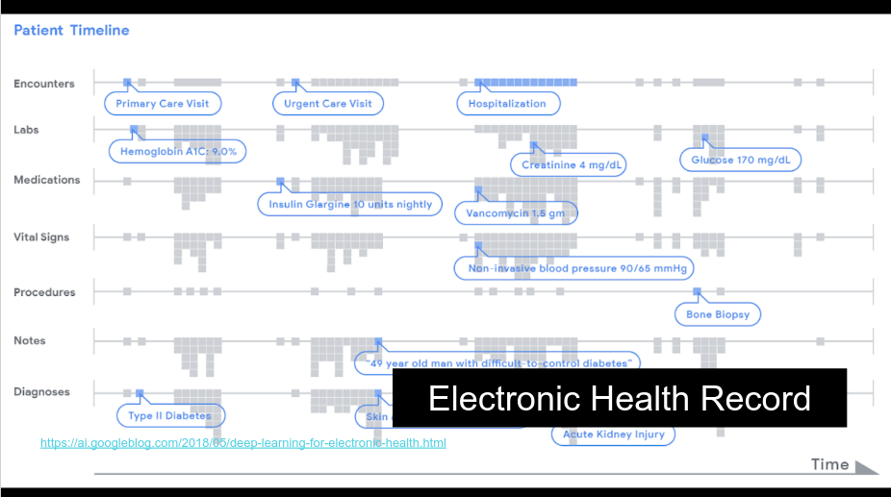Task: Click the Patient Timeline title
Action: click(x=71, y=31)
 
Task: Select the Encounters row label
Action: click(x=43, y=84)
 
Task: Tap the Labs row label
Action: click(x=26, y=130)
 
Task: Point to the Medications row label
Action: click(x=47, y=180)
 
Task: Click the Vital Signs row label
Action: click(x=41, y=236)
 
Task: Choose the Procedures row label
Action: click(x=44, y=292)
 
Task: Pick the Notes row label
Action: click(x=30, y=340)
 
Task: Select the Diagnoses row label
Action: click(x=42, y=391)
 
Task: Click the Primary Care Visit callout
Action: click(x=163, y=104)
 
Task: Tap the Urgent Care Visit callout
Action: click(x=327, y=104)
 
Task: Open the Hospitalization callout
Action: click(x=507, y=104)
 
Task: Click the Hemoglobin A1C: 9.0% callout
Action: click(x=178, y=152)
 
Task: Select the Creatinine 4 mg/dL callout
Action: click(x=572, y=165)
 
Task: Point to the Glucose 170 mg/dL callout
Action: click(x=740, y=160)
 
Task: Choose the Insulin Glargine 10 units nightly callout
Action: click(x=350, y=204)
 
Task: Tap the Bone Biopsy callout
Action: click(x=718, y=314)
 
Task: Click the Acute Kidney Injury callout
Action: click(x=613, y=435)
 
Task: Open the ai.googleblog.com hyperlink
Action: click(x=242, y=443)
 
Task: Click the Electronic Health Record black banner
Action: click(x=620, y=398)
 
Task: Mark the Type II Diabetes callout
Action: click(x=169, y=416)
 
